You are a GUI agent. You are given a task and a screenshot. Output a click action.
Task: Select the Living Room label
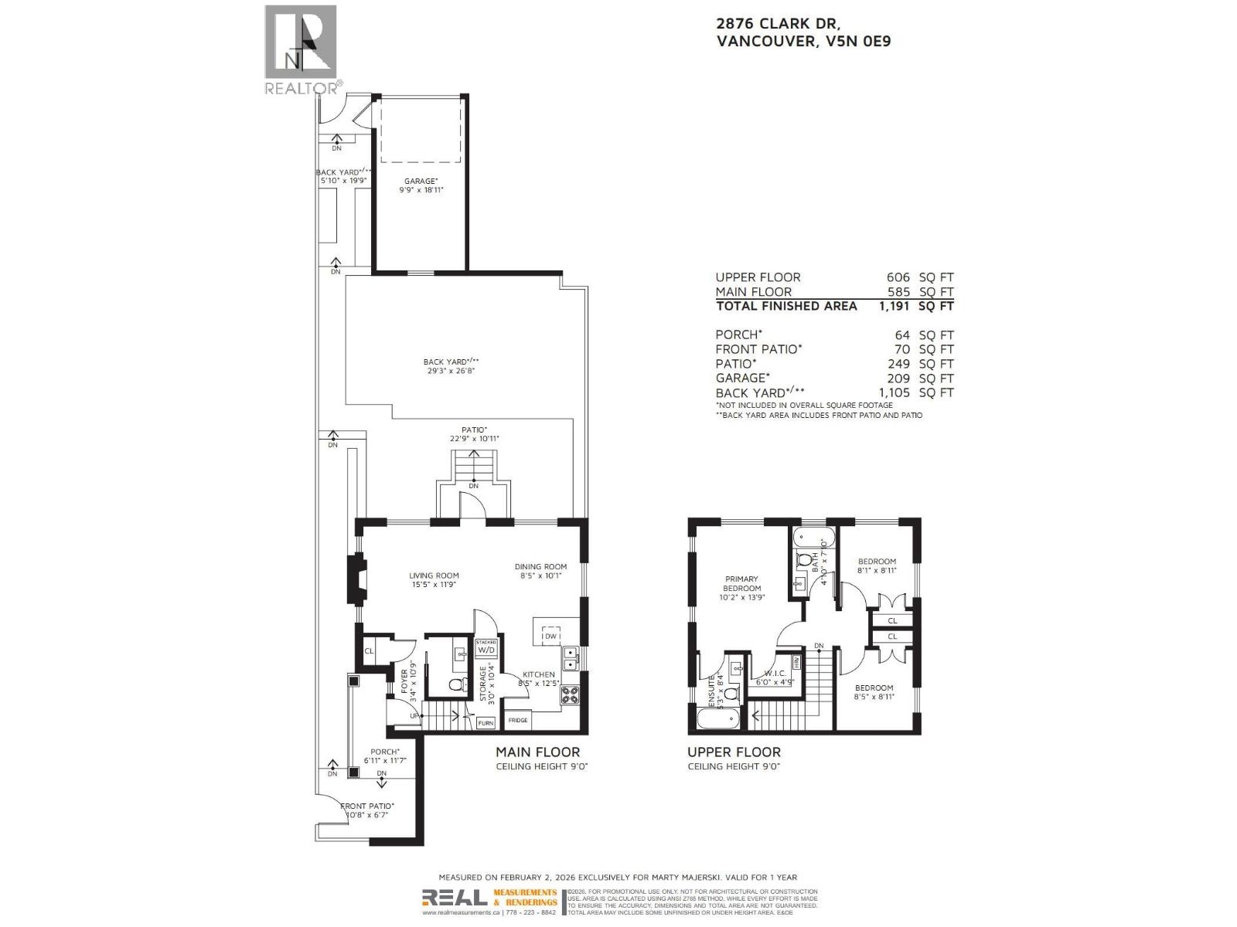click(x=434, y=579)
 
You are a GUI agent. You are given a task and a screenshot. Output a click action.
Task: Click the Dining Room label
click(x=540, y=571)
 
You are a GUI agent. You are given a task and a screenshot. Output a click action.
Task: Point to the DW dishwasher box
click(x=550, y=636)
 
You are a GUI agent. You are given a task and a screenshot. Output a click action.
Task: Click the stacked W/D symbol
click(x=486, y=647)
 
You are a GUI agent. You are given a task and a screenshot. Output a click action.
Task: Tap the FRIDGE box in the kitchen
click(x=518, y=720)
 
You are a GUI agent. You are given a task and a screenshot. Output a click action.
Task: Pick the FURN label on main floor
click(x=486, y=723)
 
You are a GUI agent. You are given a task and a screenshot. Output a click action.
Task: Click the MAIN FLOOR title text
click(x=537, y=752)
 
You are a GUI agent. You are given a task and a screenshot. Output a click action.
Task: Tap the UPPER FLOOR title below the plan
click(x=734, y=752)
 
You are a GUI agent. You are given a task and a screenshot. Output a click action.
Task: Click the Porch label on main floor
click(x=384, y=756)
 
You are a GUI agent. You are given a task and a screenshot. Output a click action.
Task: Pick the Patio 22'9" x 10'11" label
click(x=475, y=434)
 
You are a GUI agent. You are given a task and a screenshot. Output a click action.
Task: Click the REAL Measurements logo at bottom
click(x=489, y=898)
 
